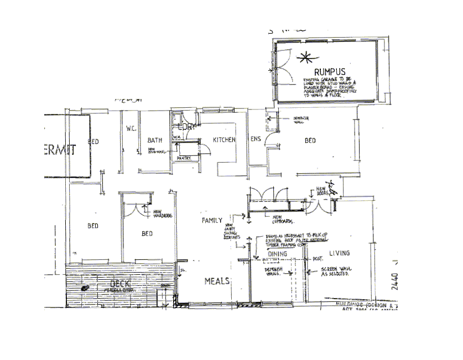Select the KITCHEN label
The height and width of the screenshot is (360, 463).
coord(225,140)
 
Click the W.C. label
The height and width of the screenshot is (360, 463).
coord(131,128)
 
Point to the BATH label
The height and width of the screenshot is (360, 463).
coord(154,140)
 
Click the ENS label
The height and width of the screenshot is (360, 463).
coord(256,139)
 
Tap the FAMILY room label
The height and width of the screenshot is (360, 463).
coord(212,220)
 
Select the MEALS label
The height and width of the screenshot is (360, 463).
coord(217,281)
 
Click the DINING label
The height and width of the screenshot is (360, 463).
coord(277,254)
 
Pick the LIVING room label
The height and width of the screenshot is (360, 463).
coord(339,253)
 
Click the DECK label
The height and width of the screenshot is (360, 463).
coord(119,284)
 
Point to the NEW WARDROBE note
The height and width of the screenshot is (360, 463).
coord(161,213)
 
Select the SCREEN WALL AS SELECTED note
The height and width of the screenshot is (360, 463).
coord(335,273)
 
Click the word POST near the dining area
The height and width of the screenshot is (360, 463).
coord(318,259)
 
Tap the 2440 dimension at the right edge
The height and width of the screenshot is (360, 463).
coord(394,279)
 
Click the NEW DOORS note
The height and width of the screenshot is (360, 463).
coord(323,191)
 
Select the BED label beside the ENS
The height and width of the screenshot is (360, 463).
coord(310,140)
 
